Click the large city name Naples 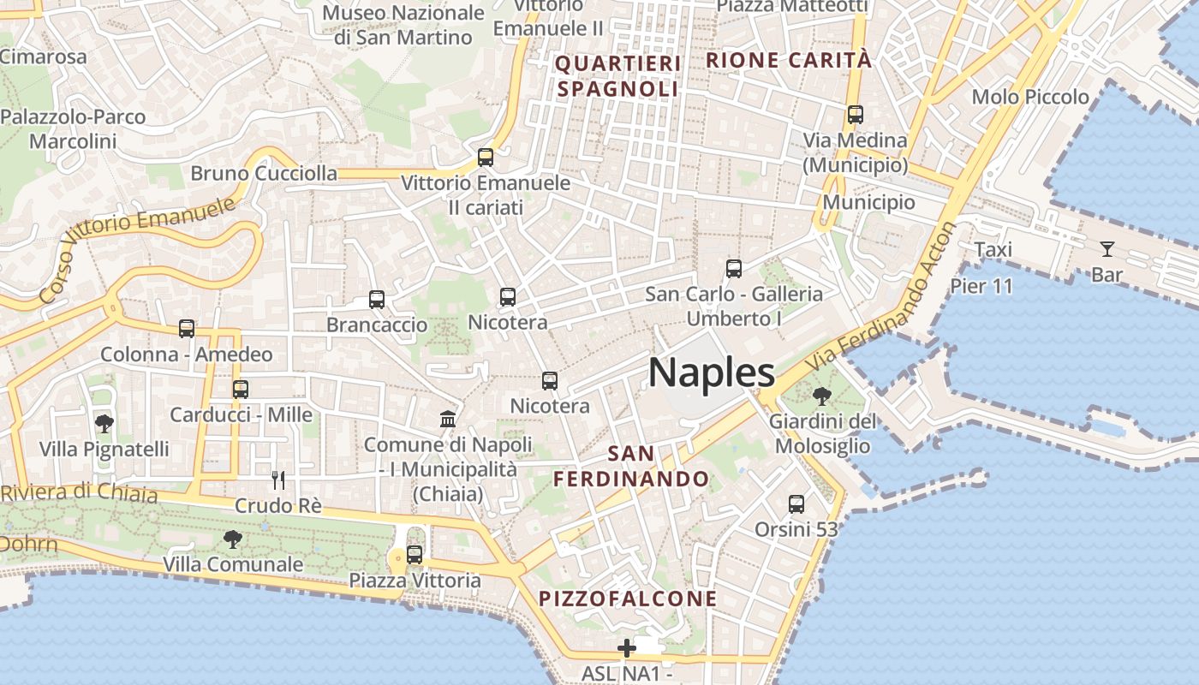[x=712, y=373]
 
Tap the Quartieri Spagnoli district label [x=618, y=76]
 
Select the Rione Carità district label [x=789, y=60]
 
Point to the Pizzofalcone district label [x=628, y=599]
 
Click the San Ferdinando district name [x=631, y=466]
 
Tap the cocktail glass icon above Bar [x=1107, y=249]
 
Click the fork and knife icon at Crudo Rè [x=277, y=479]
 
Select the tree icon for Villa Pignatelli [x=104, y=423]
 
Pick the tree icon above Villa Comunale [x=232, y=539]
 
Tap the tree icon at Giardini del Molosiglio [x=821, y=396]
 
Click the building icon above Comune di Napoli [x=448, y=419]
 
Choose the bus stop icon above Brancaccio [x=377, y=299]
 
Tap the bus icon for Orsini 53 [x=796, y=503]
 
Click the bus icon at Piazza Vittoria [x=415, y=555]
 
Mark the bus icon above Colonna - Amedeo [x=187, y=328]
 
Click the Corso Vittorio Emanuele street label [x=137, y=249]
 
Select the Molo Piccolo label [x=1030, y=97]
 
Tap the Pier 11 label [x=981, y=285]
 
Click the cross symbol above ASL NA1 [x=627, y=648]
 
